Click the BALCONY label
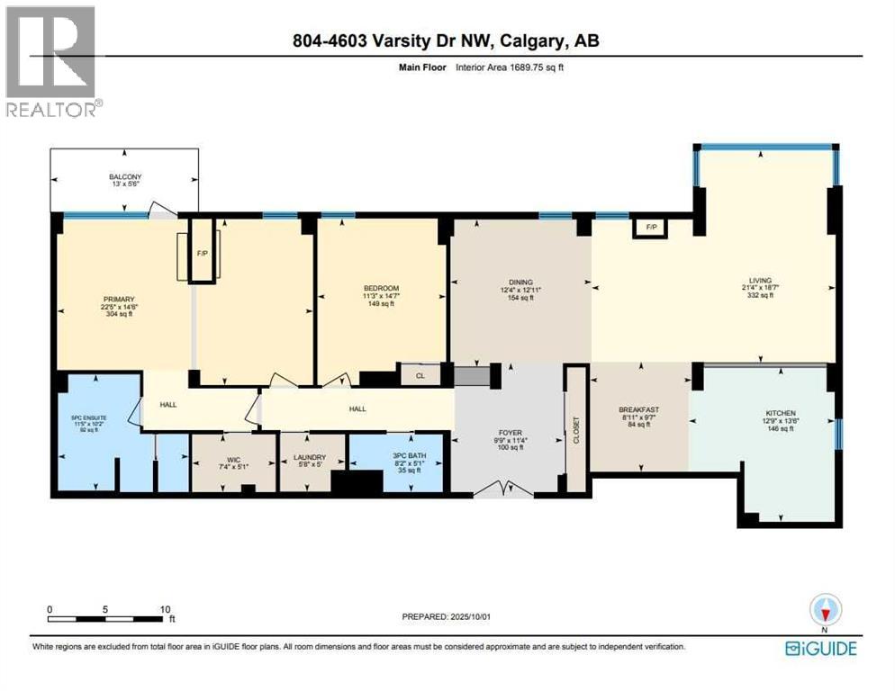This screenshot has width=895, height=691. (126, 177)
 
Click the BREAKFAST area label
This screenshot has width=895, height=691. (640, 409)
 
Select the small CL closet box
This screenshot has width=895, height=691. (419, 374)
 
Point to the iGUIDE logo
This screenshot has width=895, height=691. (820, 649)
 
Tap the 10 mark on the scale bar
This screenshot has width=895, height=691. (166, 609)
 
